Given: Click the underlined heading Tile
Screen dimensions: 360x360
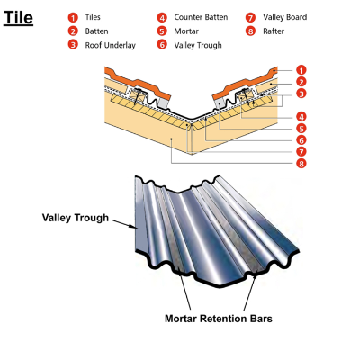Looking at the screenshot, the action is pyautogui.click(x=18, y=17).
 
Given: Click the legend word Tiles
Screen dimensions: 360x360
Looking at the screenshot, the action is pyautogui.click(x=93, y=17).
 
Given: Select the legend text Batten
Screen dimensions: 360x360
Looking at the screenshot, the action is pyautogui.click(x=96, y=31).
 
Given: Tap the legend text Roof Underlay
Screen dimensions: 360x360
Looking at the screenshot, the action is pyautogui.click(x=111, y=45).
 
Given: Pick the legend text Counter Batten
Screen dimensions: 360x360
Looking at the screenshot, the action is pyautogui.click(x=201, y=17).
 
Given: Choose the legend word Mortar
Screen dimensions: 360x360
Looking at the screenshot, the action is pyautogui.click(x=186, y=31).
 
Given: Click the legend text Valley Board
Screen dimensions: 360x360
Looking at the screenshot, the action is pyautogui.click(x=285, y=17).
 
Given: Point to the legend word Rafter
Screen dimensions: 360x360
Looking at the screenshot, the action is pyautogui.click(x=274, y=31).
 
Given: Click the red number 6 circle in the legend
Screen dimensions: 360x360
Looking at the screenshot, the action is pyautogui.click(x=162, y=45).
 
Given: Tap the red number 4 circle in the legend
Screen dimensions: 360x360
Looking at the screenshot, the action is pyautogui.click(x=162, y=17).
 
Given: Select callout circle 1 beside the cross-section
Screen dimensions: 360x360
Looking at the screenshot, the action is pyautogui.click(x=301, y=70).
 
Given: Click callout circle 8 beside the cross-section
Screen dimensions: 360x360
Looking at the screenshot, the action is pyautogui.click(x=301, y=164).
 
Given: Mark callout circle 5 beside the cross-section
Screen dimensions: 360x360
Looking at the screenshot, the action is pyautogui.click(x=301, y=129).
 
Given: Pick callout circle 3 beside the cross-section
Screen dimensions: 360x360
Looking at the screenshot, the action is pyautogui.click(x=301, y=94).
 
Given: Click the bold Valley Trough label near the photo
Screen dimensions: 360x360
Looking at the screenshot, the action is pyautogui.click(x=76, y=218).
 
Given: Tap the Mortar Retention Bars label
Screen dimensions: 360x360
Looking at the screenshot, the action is pyautogui.click(x=219, y=319).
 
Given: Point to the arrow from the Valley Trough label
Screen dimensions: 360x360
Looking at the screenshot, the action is pyautogui.click(x=124, y=224).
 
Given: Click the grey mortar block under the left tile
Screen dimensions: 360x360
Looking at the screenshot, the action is pyautogui.click(x=163, y=103).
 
